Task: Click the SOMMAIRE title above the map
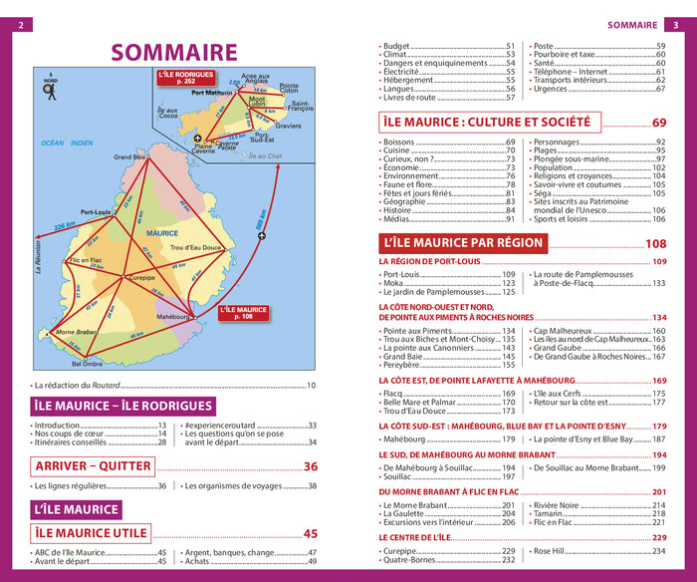pyautogui.click(x=173, y=52)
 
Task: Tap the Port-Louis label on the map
pyautogui.click(x=96, y=212)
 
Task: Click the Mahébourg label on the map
pyautogui.click(x=173, y=316)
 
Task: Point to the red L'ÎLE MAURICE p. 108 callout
pyautogui.click(x=244, y=313)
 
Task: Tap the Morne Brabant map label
pyautogui.click(x=76, y=332)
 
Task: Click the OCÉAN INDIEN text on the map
pyautogui.click(x=66, y=144)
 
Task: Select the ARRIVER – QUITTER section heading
pyautogui.click(x=93, y=466)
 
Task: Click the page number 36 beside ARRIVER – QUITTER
pyautogui.click(x=310, y=466)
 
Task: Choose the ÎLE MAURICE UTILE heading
pyautogui.click(x=92, y=533)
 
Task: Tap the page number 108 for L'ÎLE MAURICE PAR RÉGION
pyautogui.click(x=655, y=244)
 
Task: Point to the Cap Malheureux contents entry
pyautogui.click(x=571, y=331)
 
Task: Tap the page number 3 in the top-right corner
pyautogui.click(x=672, y=25)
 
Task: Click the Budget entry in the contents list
pyautogui.click(x=398, y=47)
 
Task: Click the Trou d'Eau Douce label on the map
pyautogui.click(x=195, y=247)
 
